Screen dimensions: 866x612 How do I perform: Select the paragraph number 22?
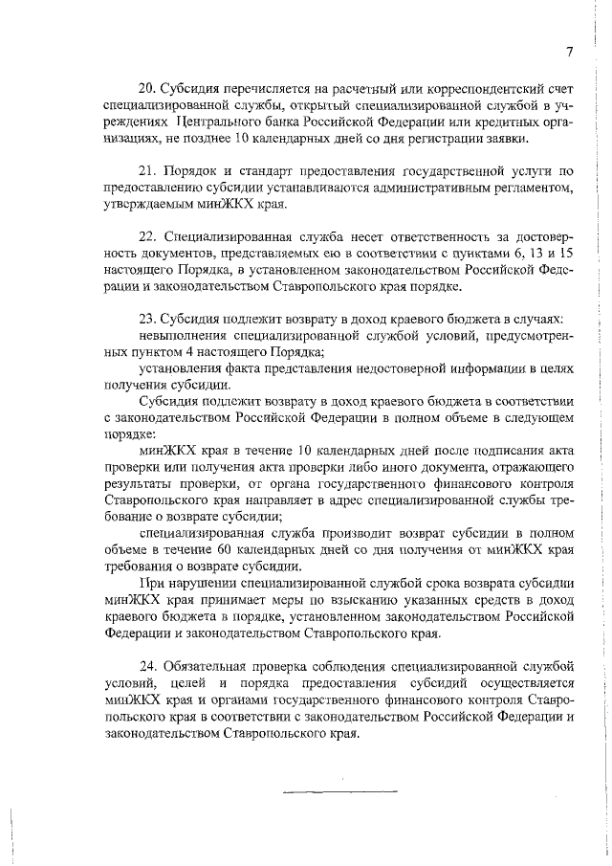tap(148, 235)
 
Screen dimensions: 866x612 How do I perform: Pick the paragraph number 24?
tap(148, 665)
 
